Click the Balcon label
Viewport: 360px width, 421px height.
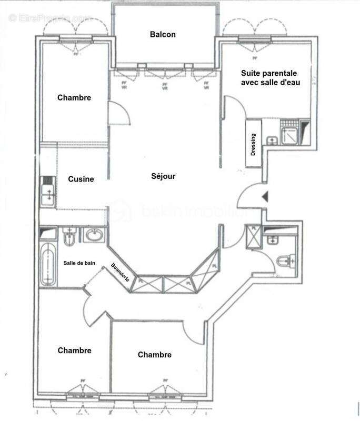point(163,35)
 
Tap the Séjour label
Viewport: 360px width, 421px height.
point(163,177)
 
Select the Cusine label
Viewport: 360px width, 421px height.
point(81,179)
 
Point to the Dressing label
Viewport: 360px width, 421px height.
point(253,144)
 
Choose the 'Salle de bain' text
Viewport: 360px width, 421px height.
point(79,263)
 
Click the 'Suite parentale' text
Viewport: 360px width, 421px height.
point(269,73)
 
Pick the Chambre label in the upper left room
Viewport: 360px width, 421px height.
point(74,98)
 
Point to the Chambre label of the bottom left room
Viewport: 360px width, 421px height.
point(75,350)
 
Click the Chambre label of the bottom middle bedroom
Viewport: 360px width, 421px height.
point(155,355)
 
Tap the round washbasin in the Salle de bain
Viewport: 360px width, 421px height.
point(94,235)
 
